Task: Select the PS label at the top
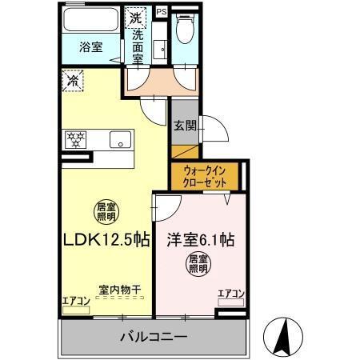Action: click(x=162, y=11)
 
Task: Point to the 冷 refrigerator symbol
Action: click(x=73, y=81)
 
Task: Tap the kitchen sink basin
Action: click(x=119, y=140)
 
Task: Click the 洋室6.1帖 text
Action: click(x=199, y=240)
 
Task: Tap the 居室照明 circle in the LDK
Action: click(x=106, y=210)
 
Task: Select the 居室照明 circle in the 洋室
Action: click(x=198, y=265)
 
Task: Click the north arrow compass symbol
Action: click(x=284, y=335)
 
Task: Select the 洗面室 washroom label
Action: click(x=137, y=46)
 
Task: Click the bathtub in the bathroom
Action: click(x=90, y=21)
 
